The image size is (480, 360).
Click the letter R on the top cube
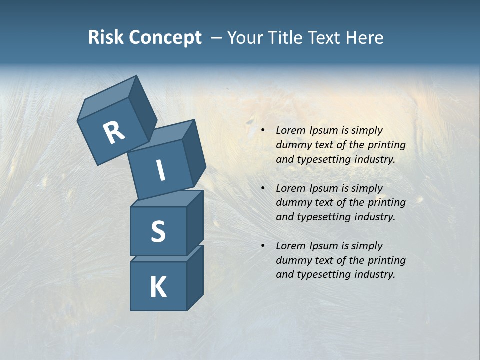point(114,132)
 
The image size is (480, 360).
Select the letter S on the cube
point(158,232)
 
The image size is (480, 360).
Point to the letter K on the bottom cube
point(158,287)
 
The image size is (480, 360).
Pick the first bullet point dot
point(263,130)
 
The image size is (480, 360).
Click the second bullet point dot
point(263,188)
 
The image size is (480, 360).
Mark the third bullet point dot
point(263,246)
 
